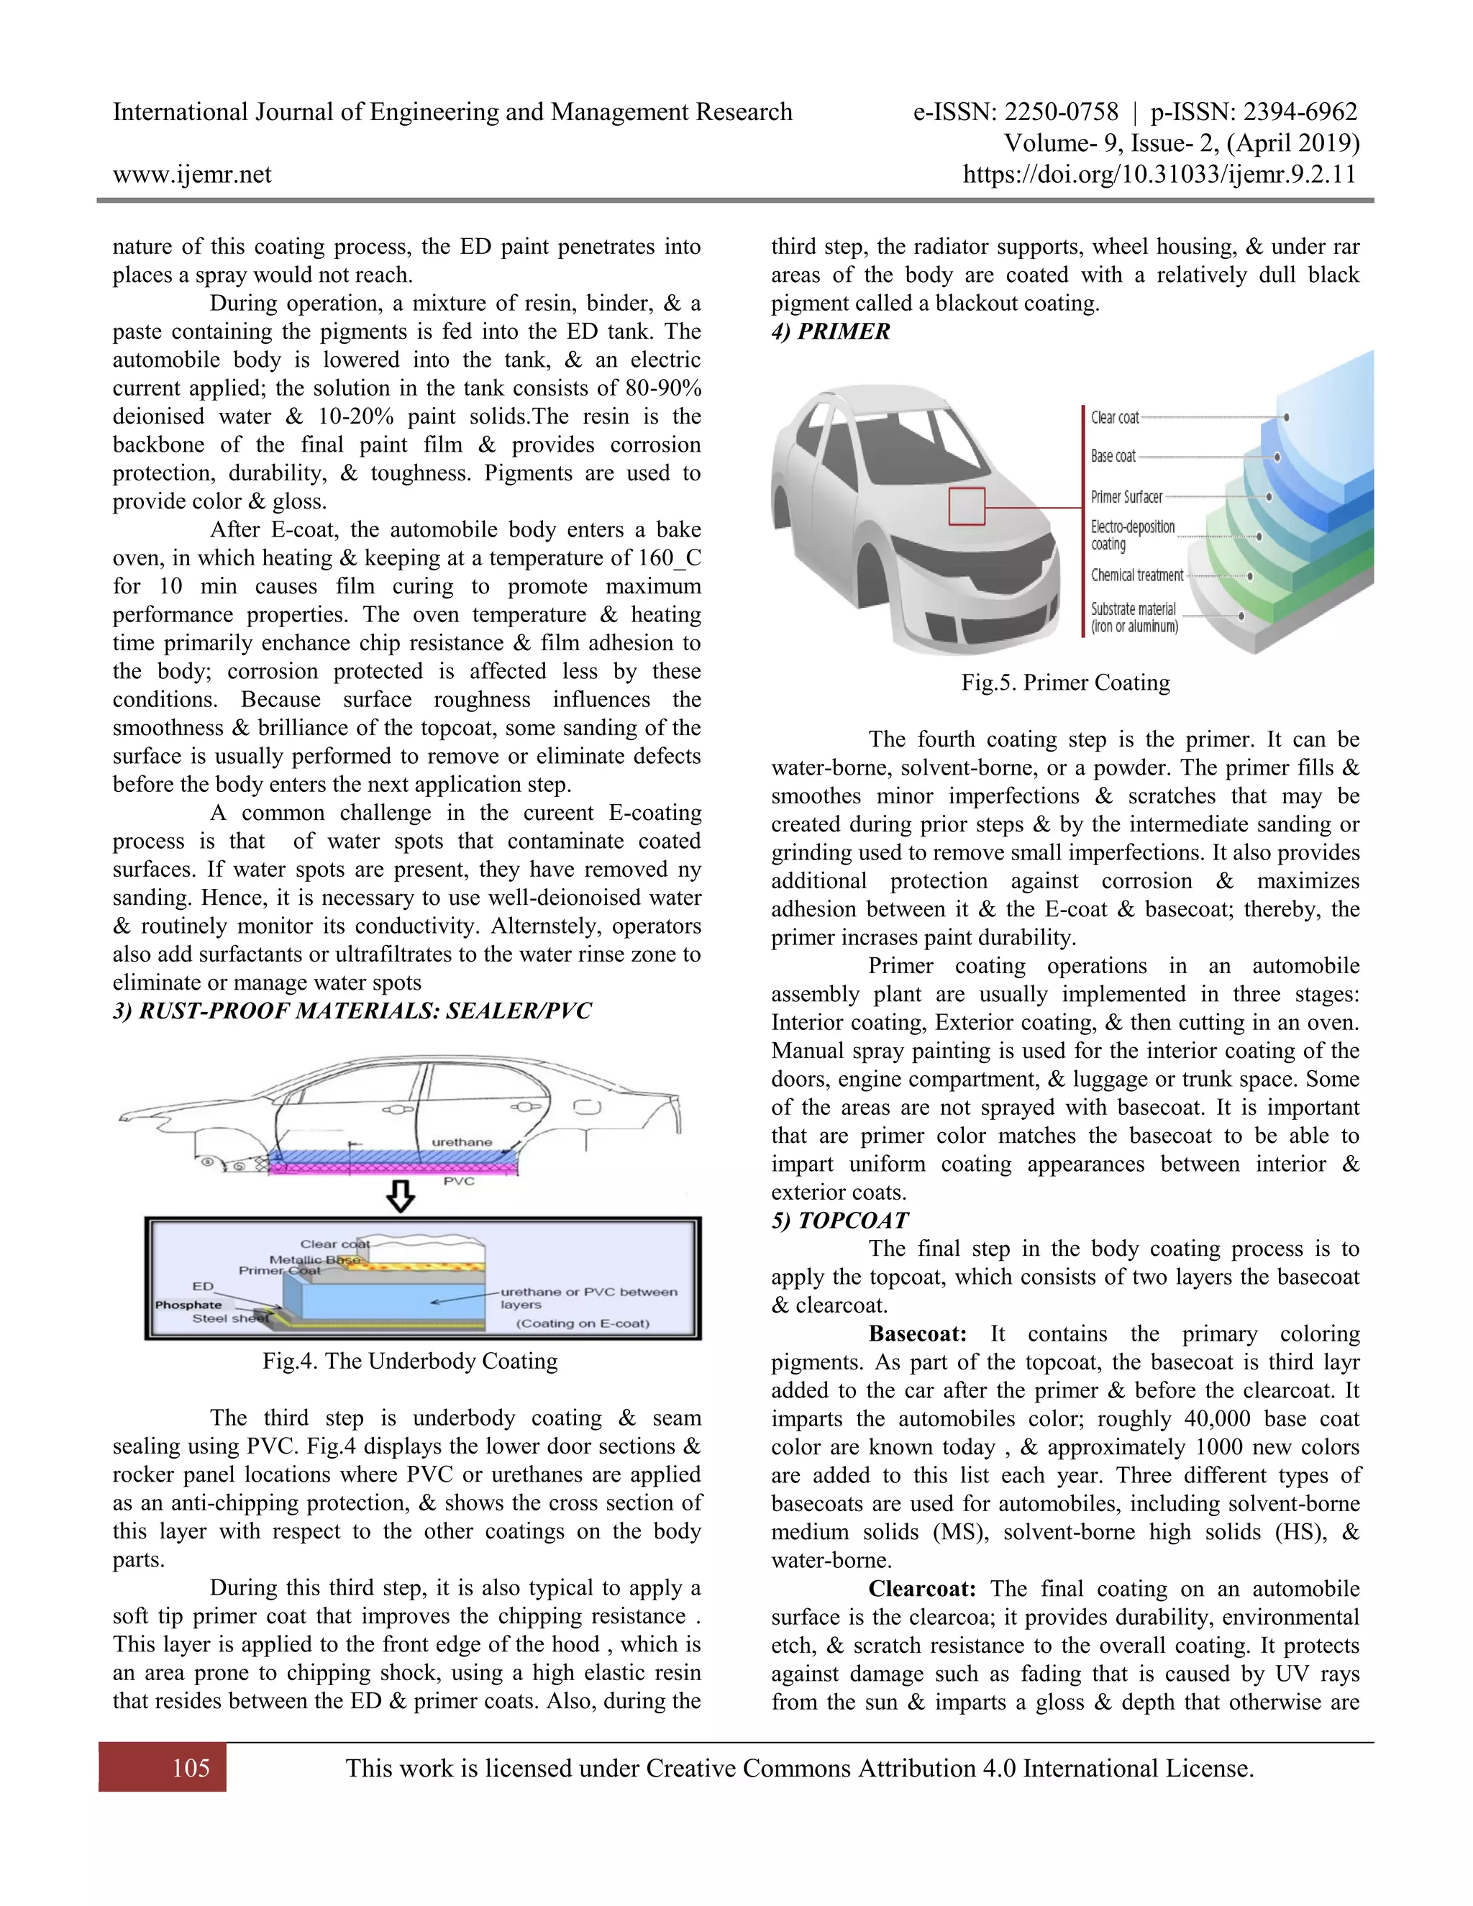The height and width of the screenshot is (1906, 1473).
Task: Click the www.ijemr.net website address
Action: point(192,175)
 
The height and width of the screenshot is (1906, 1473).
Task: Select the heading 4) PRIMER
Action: point(830,332)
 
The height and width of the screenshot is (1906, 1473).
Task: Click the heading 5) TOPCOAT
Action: point(839,1220)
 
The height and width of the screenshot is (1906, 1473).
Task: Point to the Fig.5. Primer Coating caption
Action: point(1064,683)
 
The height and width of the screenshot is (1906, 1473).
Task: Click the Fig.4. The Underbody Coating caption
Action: point(410,1361)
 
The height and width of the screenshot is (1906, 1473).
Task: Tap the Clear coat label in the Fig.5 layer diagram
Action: point(1114,418)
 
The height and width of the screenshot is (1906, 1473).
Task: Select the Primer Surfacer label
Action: point(1126,496)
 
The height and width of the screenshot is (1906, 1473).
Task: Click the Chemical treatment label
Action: point(1136,575)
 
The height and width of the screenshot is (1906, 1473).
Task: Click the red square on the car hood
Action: point(966,506)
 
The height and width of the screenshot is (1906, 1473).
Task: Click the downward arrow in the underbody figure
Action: point(401,1195)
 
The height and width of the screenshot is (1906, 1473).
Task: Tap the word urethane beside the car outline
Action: point(462,1141)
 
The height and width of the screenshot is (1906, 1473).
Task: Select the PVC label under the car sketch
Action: point(459,1181)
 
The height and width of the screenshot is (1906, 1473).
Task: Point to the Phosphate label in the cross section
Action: point(188,1305)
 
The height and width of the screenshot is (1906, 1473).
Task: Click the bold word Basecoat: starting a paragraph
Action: point(917,1333)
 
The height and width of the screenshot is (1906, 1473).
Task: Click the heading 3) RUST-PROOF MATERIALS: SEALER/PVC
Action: point(352,1011)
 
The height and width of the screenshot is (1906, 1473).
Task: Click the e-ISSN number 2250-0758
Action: point(1060,111)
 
